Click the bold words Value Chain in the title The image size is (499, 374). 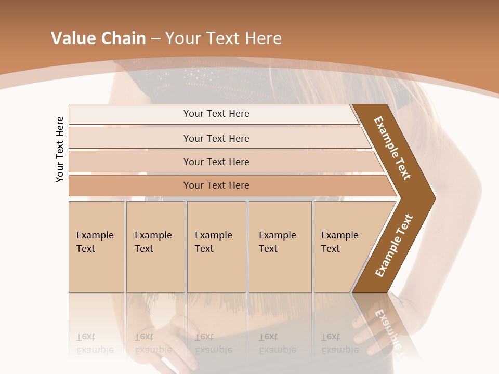tap(98, 38)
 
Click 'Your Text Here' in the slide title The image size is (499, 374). tap(224, 38)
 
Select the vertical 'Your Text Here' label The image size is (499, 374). tap(60, 149)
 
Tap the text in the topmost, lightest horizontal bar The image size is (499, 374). tap(216, 114)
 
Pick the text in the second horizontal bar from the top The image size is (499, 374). tap(216, 138)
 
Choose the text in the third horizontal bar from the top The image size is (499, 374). tap(216, 162)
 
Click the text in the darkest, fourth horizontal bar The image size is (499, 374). tap(216, 185)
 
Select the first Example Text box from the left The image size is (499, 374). tap(96, 246)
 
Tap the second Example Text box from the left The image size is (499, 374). tap(155, 246)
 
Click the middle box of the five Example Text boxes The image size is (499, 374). tap(216, 246)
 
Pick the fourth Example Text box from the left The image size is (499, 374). tap(280, 246)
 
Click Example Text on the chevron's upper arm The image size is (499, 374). tap(393, 148)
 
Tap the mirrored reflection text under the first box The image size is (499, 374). tap(95, 343)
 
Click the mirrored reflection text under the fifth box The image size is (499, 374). tap(339, 343)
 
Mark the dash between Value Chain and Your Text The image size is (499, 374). tap(155, 39)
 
